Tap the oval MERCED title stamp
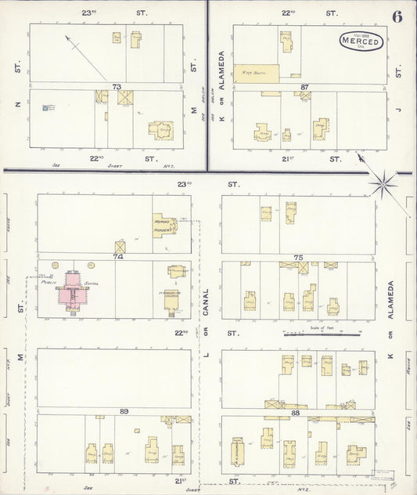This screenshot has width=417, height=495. [361, 42]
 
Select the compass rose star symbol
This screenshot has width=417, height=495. [384, 185]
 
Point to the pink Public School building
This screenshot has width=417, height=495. [72, 290]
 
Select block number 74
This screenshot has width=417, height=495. [119, 256]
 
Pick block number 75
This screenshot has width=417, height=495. [298, 256]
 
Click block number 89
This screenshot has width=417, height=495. [124, 410]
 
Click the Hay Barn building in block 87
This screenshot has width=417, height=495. [256, 73]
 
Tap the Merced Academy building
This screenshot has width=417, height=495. [164, 226]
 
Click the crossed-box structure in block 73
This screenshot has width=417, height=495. [125, 98]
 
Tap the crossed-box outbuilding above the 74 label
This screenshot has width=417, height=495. [120, 247]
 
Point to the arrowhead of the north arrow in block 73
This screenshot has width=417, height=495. [67, 37]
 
